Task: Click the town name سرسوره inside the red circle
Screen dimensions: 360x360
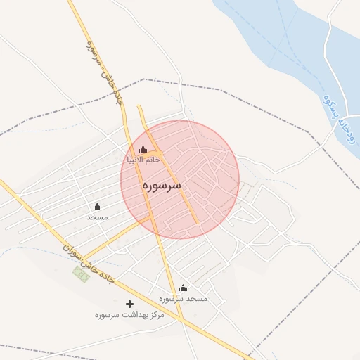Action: click(161, 185)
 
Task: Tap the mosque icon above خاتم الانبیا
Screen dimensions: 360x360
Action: click(143, 149)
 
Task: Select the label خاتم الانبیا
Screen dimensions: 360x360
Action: click(143, 160)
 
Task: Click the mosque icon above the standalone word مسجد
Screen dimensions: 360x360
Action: click(97, 206)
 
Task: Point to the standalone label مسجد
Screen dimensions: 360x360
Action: click(97, 217)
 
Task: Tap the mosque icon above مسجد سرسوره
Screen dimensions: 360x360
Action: click(184, 288)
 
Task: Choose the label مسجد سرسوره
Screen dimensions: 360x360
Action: click(184, 299)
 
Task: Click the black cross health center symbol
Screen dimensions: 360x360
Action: click(129, 304)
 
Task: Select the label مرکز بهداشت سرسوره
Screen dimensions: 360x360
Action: click(129, 315)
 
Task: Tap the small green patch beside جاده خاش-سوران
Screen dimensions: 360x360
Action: click(82, 274)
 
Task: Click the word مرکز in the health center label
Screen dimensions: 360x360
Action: click(154, 315)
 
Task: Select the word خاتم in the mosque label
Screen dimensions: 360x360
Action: click(153, 160)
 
